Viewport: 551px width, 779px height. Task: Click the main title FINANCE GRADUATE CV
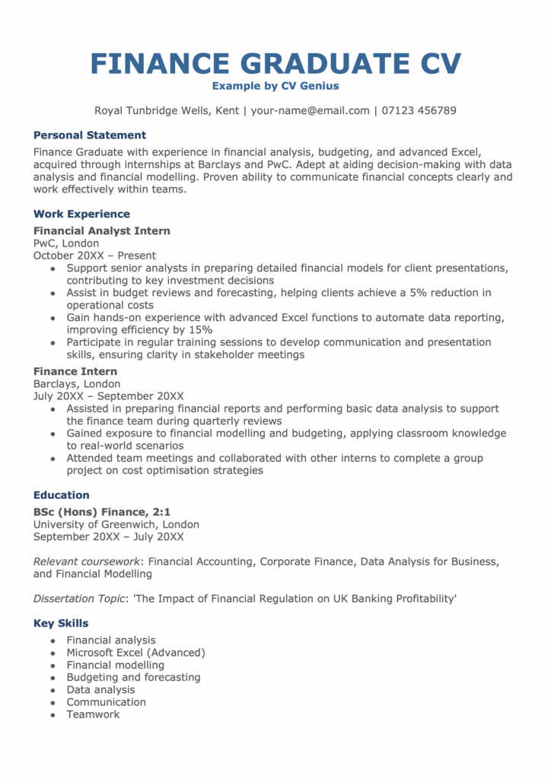(275, 63)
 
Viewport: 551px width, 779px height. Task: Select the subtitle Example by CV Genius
(275, 86)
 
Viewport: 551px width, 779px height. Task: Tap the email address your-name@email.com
(310, 110)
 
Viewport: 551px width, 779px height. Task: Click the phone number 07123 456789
(418, 110)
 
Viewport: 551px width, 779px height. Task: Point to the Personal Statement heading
(90, 135)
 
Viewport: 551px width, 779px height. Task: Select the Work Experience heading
(81, 215)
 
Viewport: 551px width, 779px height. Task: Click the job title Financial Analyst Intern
(102, 231)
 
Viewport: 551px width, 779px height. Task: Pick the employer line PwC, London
(66, 243)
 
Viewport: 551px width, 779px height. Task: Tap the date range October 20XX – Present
(94, 256)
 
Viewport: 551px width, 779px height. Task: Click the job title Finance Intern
(75, 371)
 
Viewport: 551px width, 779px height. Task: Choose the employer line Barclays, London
(77, 384)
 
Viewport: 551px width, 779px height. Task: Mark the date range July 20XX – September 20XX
(109, 396)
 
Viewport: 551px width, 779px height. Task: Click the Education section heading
(62, 495)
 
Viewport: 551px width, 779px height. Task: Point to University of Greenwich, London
(116, 524)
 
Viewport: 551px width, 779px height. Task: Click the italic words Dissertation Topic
(78, 599)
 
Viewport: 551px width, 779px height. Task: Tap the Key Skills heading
(61, 624)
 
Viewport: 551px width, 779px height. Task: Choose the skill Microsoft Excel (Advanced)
(135, 653)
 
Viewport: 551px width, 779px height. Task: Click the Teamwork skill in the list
(93, 714)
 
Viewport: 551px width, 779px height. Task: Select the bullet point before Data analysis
(53, 690)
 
